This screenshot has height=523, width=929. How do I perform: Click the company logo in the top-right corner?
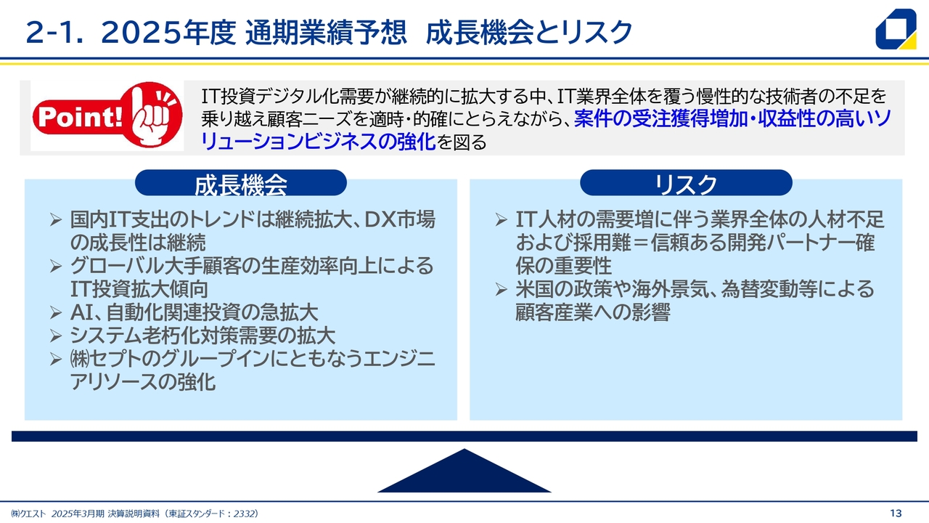click(x=896, y=28)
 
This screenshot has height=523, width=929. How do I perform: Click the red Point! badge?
click(x=107, y=115)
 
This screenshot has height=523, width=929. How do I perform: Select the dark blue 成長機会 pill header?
click(x=241, y=183)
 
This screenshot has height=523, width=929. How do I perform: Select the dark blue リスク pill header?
click(x=686, y=183)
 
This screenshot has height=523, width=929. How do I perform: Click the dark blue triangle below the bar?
click(x=464, y=471)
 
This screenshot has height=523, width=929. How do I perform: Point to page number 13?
click(x=896, y=514)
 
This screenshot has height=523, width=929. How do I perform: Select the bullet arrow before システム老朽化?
click(x=56, y=336)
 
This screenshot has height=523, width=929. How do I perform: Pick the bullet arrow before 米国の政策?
click(x=501, y=289)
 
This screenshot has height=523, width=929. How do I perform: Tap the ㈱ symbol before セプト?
click(x=80, y=359)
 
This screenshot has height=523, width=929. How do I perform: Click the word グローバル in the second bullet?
click(x=118, y=266)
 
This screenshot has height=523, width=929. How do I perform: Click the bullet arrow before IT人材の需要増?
click(x=501, y=219)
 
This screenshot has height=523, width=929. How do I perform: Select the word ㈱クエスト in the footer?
click(x=28, y=514)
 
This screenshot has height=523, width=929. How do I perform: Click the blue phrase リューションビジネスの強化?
click(x=318, y=142)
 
